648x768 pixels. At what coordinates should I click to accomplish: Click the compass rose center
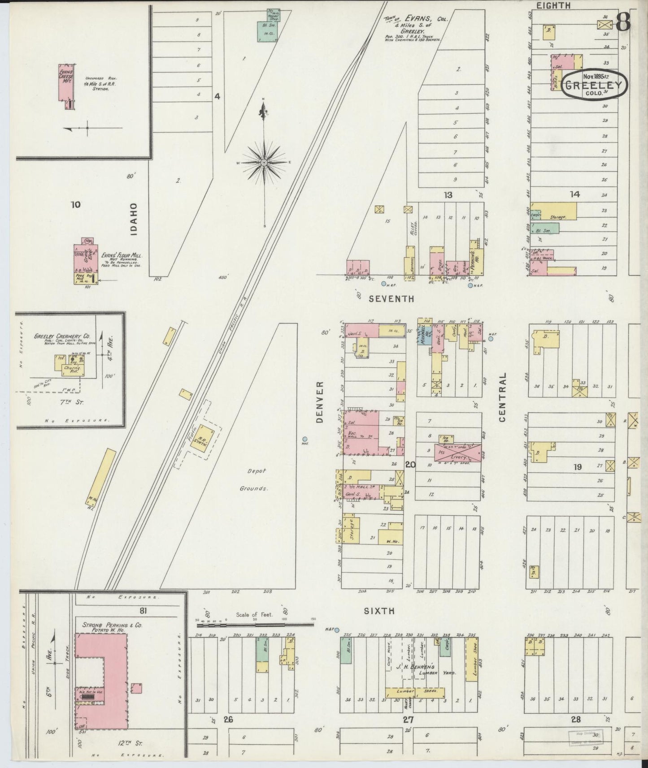(x=265, y=162)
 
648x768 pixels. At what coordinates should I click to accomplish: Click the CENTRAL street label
(x=502, y=397)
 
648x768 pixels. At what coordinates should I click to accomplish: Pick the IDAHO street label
(x=134, y=219)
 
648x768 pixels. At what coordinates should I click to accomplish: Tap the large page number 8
(x=623, y=22)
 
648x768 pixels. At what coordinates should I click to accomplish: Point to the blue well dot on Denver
(x=305, y=439)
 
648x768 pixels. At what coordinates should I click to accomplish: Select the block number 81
(x=143, y=610)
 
